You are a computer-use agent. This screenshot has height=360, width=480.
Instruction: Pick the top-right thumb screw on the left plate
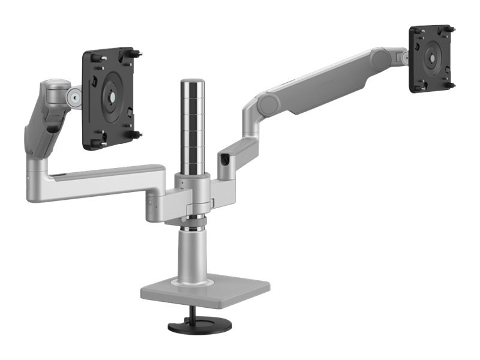point(137,53)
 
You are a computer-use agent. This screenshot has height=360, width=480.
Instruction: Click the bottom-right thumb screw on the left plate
point(137,134)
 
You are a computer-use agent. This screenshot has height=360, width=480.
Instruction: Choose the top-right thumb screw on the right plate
point(452,28)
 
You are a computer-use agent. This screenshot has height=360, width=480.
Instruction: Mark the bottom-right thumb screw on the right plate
point(450,85)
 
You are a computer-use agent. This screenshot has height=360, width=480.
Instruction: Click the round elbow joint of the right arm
point(267,105)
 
